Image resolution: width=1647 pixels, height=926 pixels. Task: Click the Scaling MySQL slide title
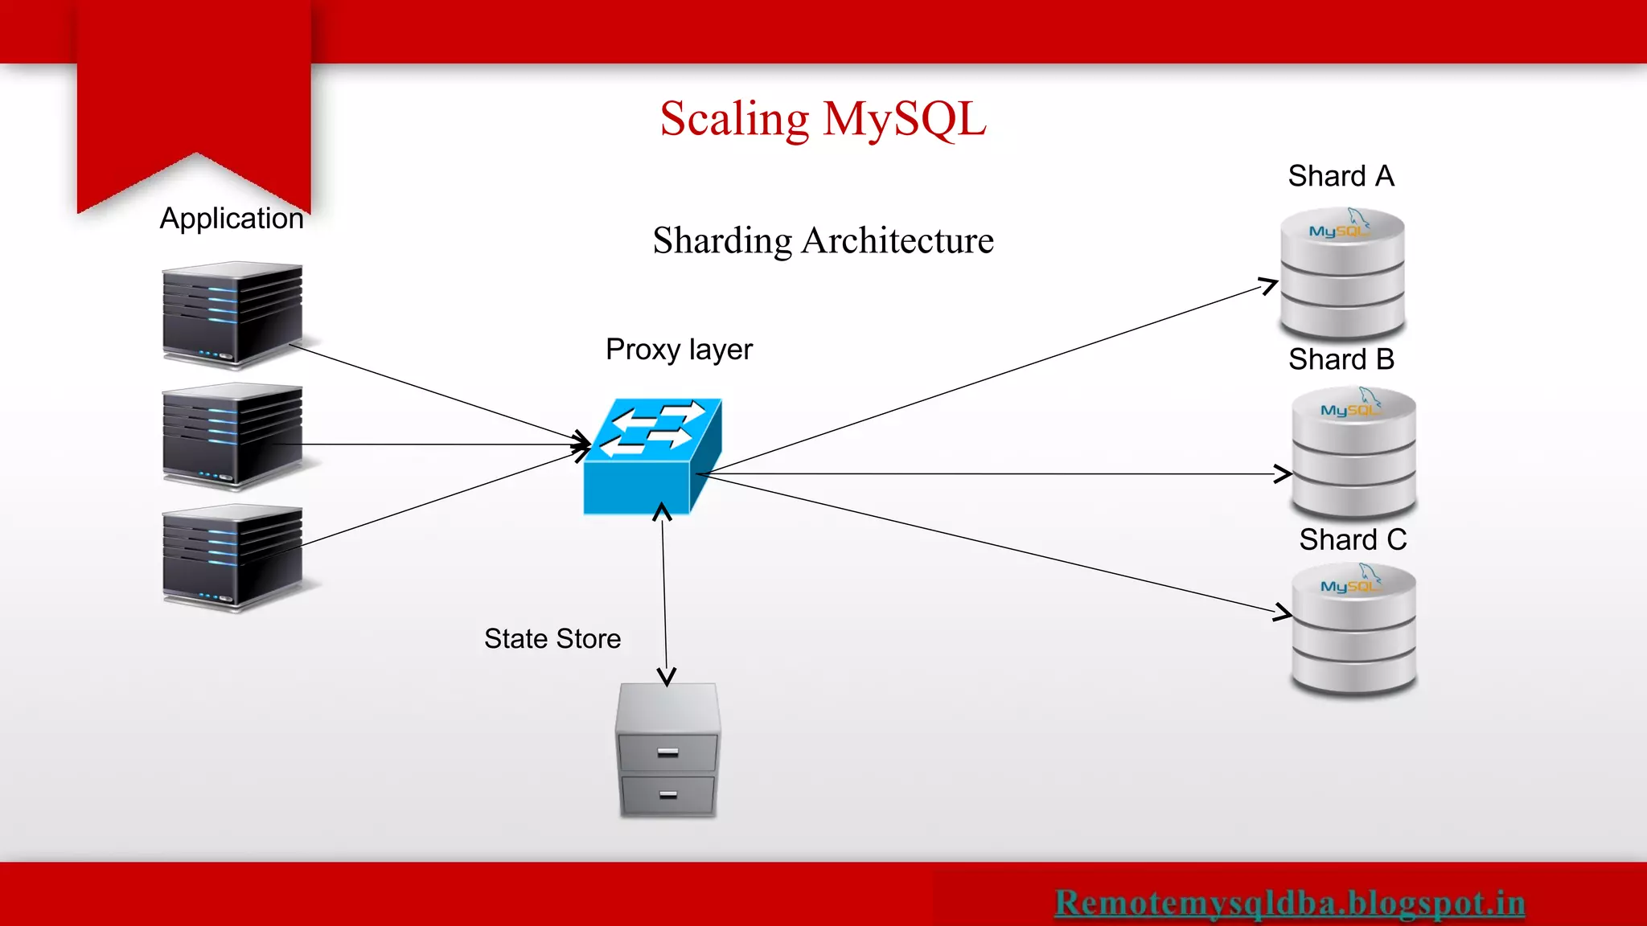tap(823, 119)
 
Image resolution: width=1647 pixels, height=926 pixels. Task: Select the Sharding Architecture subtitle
tap(823, 240)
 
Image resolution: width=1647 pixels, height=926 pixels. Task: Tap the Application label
tap(232, 219)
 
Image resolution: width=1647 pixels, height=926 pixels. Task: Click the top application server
tap(232, 315)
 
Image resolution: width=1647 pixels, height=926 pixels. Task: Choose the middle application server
tap(232, 436)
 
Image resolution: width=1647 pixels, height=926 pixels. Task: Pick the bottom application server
tap(232, 557)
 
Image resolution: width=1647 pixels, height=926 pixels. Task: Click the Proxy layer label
tap(679, 350)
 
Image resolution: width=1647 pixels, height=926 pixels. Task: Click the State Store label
tap(552, 639)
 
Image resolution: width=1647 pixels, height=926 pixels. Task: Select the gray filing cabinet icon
tap(667, 750)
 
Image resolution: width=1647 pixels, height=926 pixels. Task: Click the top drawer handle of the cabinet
tap(667, 753)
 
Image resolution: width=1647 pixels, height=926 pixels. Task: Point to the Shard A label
tap(1341, 176)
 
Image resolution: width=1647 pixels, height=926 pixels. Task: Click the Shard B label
tap(1341, 359)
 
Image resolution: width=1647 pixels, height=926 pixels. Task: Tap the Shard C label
tap(1353, 539)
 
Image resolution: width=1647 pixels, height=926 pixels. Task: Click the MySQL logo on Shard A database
tap(1338, 231)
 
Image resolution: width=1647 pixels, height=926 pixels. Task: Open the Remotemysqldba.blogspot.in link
tap(1289, 903)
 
